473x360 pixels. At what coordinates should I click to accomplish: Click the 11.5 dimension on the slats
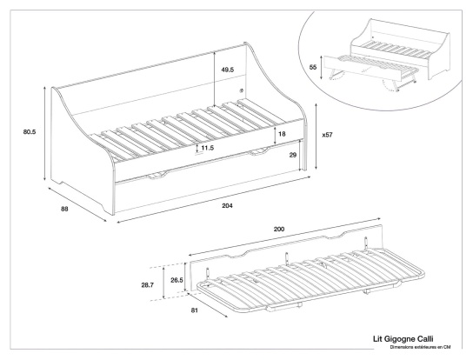click(x=207, y=149)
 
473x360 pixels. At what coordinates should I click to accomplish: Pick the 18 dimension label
click(x=283, y=134)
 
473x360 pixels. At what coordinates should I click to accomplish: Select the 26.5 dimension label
click(x=177, y=280)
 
